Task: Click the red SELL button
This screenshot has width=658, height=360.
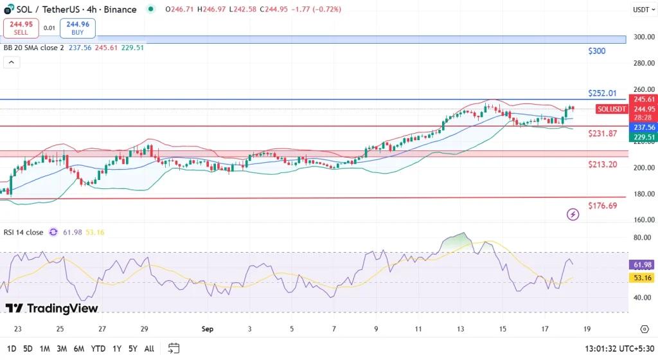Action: (x=21, y=28)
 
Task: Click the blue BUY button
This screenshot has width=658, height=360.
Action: (x=77, y=28)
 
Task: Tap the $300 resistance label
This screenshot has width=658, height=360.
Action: (x=597, y=51)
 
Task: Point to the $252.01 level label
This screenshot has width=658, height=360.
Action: (x=602, y=93)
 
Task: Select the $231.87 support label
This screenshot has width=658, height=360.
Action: (x=603, y=133)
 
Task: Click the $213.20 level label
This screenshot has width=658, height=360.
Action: (x=603, y=165)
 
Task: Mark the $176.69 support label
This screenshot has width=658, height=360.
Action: (x=603, y=206)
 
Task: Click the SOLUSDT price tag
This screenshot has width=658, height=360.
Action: (x=612, y=109)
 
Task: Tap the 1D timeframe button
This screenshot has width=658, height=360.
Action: (x=10, y=348)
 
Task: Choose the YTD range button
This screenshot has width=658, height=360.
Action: (x=98, y=348)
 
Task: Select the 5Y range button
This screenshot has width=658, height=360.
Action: (x=132, y=348)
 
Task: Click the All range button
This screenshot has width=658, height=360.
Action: (x=149, y=348)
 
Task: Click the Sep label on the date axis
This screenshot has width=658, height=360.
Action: (x=207, y=328)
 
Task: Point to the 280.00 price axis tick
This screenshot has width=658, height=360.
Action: (x=643, y=63)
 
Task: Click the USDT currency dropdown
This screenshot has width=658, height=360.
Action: (x=642, y=10)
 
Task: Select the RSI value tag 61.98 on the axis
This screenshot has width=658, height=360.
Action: (x=643, y=265)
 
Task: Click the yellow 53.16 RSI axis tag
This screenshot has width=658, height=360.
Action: (x=643, y=278)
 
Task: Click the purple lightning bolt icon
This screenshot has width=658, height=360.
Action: (x=573, y=214)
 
